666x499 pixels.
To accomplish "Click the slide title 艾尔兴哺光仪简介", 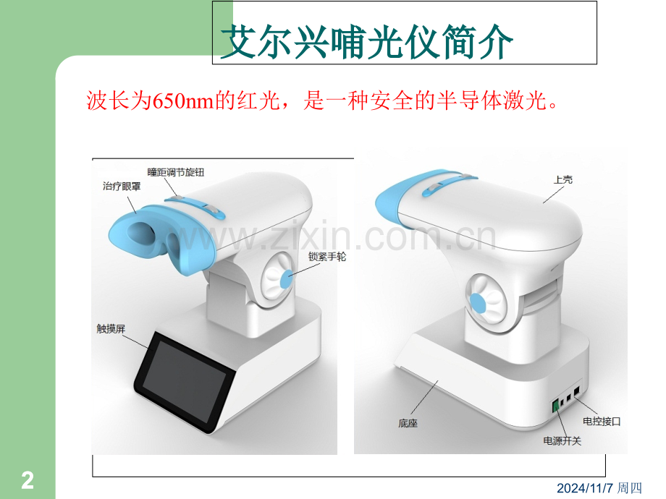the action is click(367, 41).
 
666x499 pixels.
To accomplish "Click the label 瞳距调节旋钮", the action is click(176, 172).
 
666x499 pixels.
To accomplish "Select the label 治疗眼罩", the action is click(122, 187).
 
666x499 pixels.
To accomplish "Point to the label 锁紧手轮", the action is click(327, 257).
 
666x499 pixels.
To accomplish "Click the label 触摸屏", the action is click(111, 329).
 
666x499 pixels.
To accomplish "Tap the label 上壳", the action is click(562, 180).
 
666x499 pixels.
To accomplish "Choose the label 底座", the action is click(408, 423).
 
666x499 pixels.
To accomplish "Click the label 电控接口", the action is click(602, 422).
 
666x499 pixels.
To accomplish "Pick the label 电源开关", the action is click(562, 441).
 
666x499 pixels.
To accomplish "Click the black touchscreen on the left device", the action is click(185, 382).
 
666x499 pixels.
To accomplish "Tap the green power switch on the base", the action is click(555, 406).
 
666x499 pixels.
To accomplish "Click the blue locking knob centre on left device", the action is click(287, 278).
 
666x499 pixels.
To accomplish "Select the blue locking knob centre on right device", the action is click(477, 304).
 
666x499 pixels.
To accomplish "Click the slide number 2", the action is click(28, 481).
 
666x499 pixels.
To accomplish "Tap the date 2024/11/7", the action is click(586, 488).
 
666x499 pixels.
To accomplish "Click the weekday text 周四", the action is click(630, 488).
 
